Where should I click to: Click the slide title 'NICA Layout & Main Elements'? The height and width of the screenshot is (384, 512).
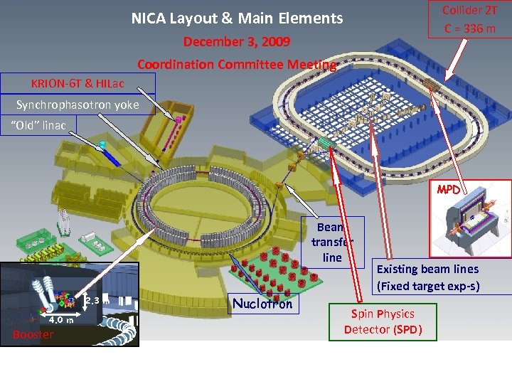click(x=237, y=18)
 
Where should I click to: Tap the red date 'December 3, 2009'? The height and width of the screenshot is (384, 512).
click(x=237, y=42)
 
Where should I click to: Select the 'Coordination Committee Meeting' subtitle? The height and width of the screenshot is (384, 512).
click(x=237, y=65)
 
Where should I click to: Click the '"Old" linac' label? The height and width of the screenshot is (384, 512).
click(x=40, y=126)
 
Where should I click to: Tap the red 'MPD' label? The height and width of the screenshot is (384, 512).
click(x=448, y=191)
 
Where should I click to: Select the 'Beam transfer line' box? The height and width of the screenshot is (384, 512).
click(x=332, y=242)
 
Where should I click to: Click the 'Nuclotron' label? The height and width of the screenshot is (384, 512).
click(x=262, y=304)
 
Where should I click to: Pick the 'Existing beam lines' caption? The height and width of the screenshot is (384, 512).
click(x=427, y=269)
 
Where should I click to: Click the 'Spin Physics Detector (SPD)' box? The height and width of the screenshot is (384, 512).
click(x=383, y=321)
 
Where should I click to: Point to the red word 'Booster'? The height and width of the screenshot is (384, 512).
click(x=33, y=334)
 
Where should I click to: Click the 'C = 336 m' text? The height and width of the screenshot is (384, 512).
click(x=470, y=28)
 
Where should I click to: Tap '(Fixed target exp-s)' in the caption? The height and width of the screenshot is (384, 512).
click(x=427, y=287)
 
